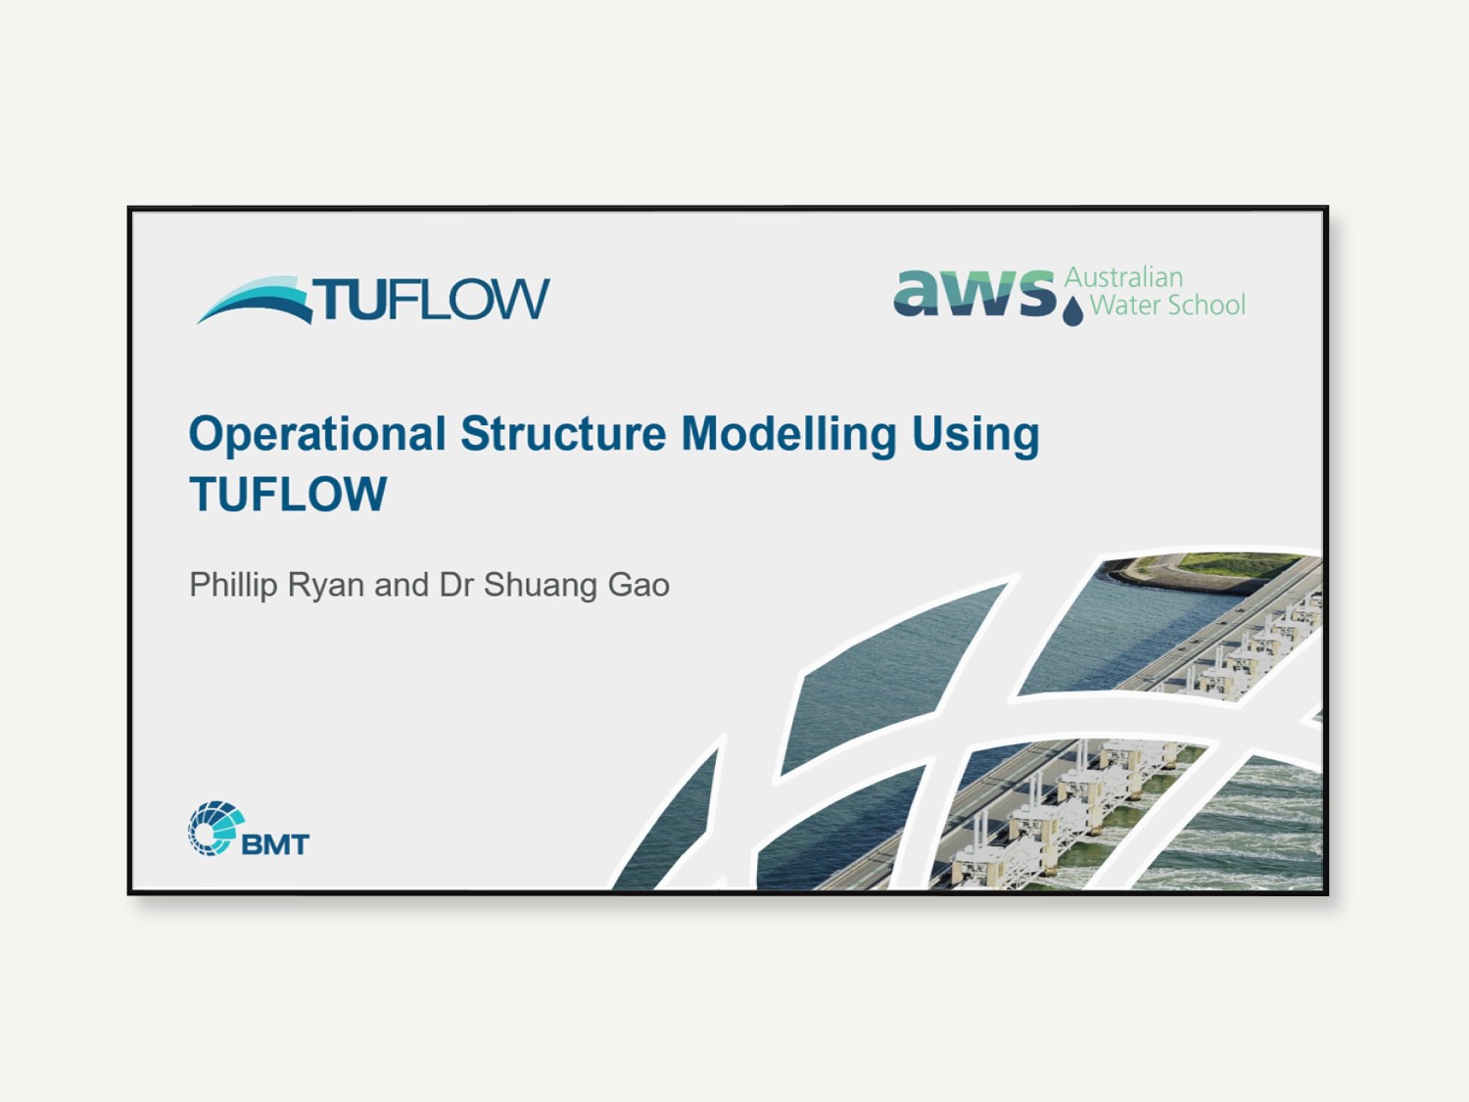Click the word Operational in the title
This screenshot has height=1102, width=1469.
coord(317,436)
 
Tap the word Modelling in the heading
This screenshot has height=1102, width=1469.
coord(789,436)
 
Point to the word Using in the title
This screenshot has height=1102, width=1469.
coord(975,436)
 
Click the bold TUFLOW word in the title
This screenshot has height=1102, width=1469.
coord(288,494)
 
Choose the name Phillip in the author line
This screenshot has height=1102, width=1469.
coord(233,586)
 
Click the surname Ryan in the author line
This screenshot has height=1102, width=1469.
coord(326,586)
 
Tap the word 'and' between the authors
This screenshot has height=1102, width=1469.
coord(401,585)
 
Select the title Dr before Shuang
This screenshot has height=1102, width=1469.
coord(455,585)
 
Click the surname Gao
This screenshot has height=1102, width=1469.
coord(638,585)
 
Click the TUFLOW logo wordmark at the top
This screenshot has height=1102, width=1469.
coord(431,299)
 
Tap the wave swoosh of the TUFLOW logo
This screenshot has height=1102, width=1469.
coord(255,301)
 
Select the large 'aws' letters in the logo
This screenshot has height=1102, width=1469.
coord(974,292)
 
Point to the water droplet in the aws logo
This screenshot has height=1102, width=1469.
coord(1072,311)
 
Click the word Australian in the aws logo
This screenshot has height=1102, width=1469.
coord(1123,277)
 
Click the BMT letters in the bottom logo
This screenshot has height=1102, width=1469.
coord(275,844)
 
